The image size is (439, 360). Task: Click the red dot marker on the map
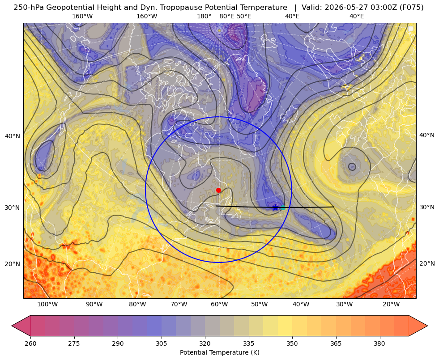pos(219,190)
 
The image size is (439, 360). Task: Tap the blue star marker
pos(275,208)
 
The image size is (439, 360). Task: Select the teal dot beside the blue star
pos(283,208)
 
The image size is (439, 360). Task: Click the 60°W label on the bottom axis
pos(219,304)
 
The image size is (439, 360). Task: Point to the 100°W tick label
pos(47,304)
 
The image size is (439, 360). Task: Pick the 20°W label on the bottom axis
pos(391,304)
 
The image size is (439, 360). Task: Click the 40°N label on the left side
pos(13,136)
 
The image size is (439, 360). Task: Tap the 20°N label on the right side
pos(427,263)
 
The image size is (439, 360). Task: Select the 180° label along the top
pos(204,16)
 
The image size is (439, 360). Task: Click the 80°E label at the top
pos(226,16)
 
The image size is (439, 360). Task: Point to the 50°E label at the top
pos(244,16)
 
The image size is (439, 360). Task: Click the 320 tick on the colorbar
pos(205,343)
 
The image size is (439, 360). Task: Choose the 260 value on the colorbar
pos(30,343)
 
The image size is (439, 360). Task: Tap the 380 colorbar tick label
pos(379,343)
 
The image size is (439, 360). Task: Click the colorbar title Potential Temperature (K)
pos(219,352)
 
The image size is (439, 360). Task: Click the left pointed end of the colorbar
pos(12,326)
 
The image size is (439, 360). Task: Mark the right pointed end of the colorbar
pos(427,326)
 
